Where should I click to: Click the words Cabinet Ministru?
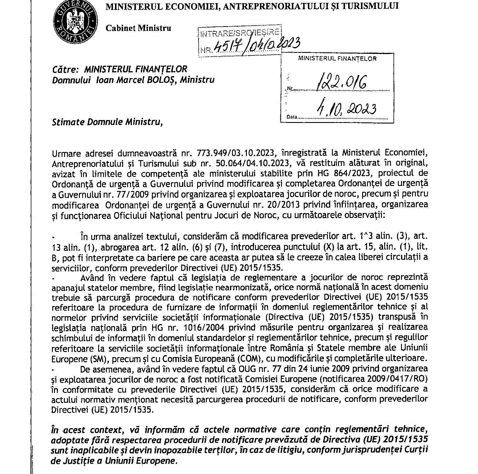(x=138, y=28)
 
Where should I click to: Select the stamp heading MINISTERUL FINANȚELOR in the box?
(x=337, y=58)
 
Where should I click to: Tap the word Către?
(x=65, y=69)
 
